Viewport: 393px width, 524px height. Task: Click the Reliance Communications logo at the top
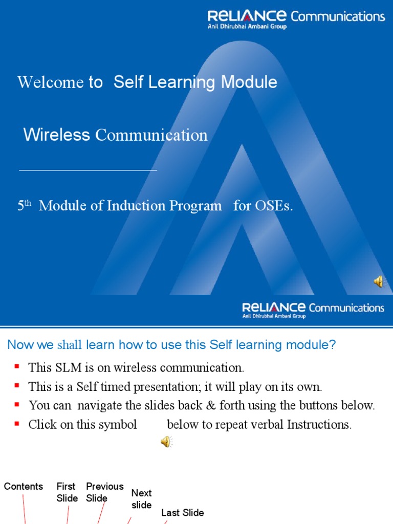tap(296, 18)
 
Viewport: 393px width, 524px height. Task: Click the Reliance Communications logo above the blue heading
tap(313, 309)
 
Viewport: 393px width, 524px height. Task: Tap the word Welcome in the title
tap(50, 82)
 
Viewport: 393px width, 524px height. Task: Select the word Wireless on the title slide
tap(56, 135)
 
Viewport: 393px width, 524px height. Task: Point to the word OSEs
tap(273, 206)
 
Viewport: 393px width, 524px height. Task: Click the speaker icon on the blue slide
tap(379, 281)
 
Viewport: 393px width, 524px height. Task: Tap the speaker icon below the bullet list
tap(166, 442)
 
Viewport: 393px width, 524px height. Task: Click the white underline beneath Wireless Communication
tap(88, 169)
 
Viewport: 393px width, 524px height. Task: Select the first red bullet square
tap(17, 366)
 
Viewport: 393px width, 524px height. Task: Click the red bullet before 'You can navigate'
tap(17, 404)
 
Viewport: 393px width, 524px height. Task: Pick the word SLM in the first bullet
tap(63, 367)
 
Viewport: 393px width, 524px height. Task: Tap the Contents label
tap(24, 487)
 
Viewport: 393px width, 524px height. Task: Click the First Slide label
tap(67, 492)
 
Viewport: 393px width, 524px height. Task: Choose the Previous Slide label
tap(104, 492)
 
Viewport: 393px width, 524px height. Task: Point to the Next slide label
tap(141, 499)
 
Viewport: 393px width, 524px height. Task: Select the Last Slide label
tap(182, 513)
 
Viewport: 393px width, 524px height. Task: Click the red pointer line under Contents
tap(24, 509)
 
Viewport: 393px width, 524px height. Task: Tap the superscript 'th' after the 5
tap(28, 203)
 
